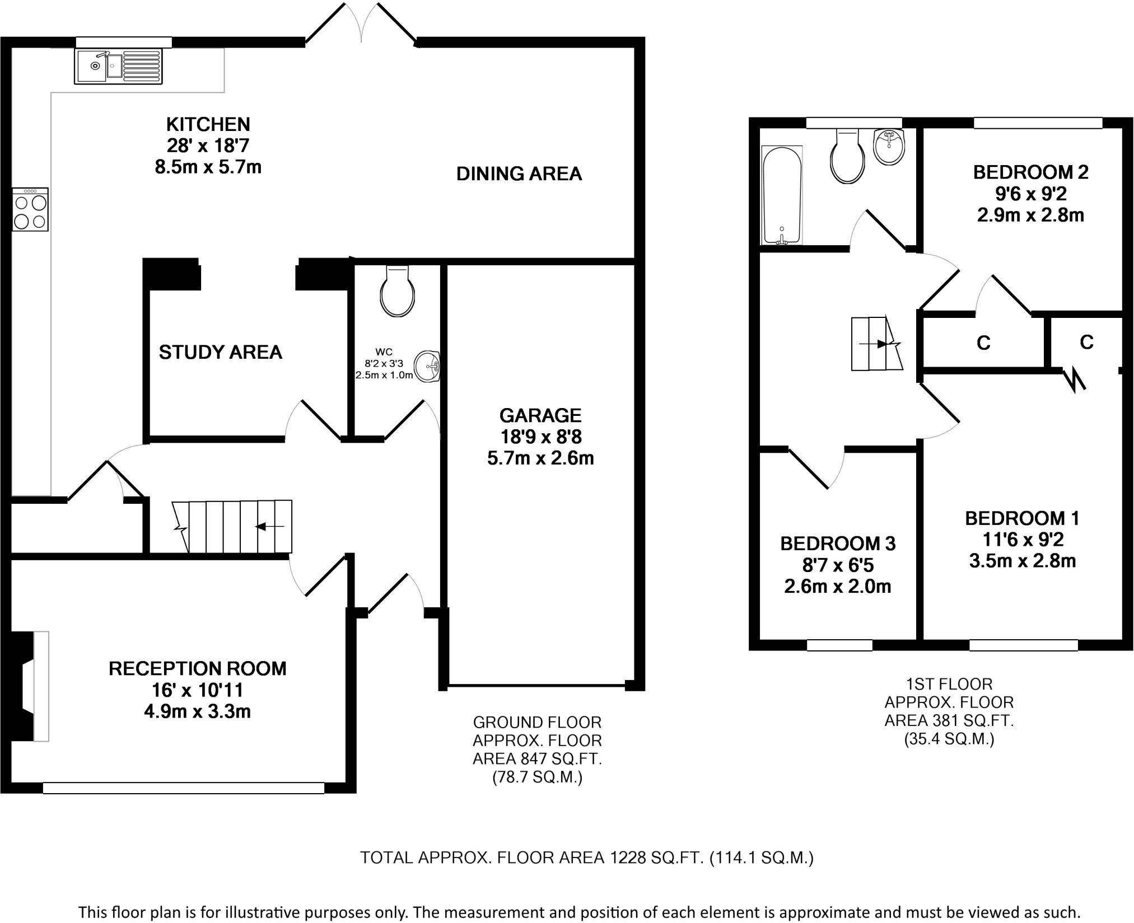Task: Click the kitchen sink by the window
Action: point(118,66)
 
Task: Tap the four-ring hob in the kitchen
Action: point(30,210)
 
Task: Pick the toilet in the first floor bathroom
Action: point(848,157)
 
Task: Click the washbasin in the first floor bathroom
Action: point(889,147)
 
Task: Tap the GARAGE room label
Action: point(540,415)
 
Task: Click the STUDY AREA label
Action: point(220,352)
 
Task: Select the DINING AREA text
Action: point(519,174)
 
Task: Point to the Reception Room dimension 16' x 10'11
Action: point(197,690)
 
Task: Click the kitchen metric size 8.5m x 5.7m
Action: point(208,167)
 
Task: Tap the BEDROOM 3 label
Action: point(838,544)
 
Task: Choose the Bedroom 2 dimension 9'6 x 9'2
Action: point(1030,194)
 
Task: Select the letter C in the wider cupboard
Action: point(983,343)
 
